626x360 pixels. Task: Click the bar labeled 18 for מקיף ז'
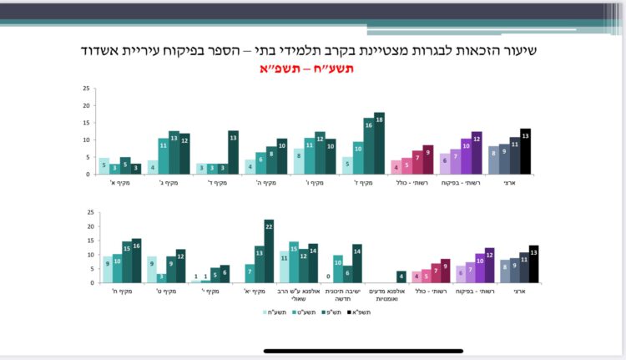pyautogui.click(x=380, y=144)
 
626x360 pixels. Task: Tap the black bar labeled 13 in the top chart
pyautogui.click(x=525, y=152)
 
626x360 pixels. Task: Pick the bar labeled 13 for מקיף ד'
pyautogui.click(x=233, y=153)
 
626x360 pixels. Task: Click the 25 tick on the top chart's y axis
pyautogui.click(x=86, y=89)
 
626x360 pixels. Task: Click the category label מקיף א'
pyautogui.click(x=114, y=183)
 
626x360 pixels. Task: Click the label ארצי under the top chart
pyautogui.click(x=509, y=183)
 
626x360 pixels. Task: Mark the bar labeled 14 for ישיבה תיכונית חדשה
pyautogui.click(x=357, y=263)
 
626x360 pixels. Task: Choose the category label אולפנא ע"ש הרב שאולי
pyautogui.click(x=296, y=296)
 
